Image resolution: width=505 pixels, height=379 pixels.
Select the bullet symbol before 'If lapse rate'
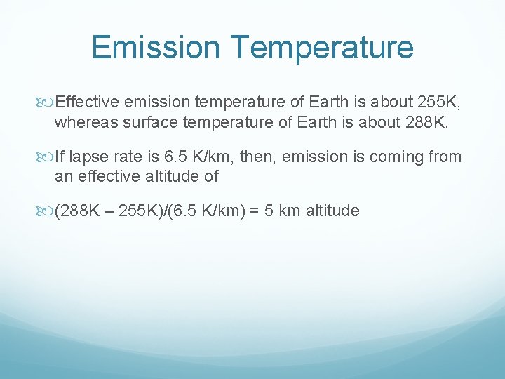coord(48,157)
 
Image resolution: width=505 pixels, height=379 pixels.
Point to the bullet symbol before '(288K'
coord(48,210)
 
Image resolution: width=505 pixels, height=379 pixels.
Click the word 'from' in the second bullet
coord(445,156)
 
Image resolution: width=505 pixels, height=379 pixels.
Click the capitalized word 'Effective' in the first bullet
coord(83,103)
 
